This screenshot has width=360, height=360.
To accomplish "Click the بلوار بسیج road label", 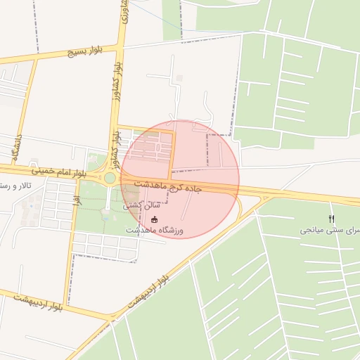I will pyautogui.click(x=86, y=52).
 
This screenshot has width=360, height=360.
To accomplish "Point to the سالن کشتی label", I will pyautogui.click(x=141, y=206).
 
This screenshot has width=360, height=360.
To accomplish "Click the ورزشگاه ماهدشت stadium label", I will pyautogui.click(x=155, y=230).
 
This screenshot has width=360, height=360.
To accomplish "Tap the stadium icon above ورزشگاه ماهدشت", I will pyautogui.click(x=155, y=219).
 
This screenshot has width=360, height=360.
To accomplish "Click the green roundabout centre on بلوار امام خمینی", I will pyautogui.click(x=110, y=179).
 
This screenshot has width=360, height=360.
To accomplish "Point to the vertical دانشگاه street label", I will pyautogui.click(x=17, y=148).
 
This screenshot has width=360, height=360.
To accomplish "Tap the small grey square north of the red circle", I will pyautogui.click(x=179, y=77).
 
